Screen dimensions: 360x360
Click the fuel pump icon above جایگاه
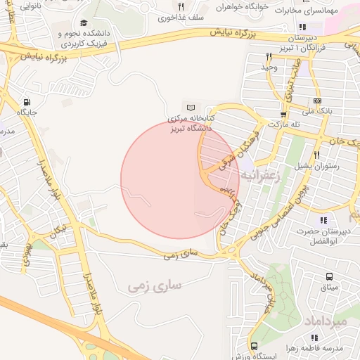click(27, 101)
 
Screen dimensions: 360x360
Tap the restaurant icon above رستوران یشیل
click(317, 155)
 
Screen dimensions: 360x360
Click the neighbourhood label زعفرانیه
click(261, 176)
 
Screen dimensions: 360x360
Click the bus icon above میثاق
click(328, 277)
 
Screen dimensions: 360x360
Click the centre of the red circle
click(181, 179)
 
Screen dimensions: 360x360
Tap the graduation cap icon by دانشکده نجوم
click(84, 23)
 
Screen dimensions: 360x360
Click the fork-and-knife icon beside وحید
click(269, 56)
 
